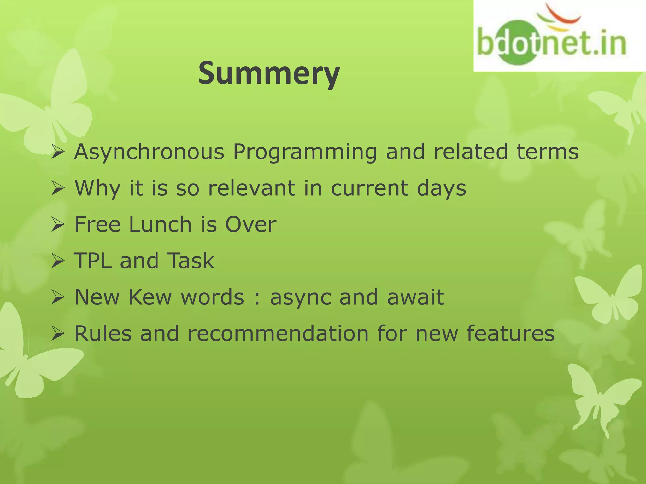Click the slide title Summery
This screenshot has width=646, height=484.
tap(269, 73)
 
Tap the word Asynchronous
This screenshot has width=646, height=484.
tap(149, 152)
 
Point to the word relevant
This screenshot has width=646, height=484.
tap(252, 188)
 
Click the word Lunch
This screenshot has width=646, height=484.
tap(160, 224)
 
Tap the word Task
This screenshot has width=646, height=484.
tap(191, 261)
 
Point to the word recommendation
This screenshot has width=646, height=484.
tap(278, 333)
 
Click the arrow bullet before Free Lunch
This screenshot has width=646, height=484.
tap(58, 225)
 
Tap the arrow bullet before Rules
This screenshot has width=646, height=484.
tap(58, 334)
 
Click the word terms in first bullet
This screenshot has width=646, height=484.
tap(547, 152)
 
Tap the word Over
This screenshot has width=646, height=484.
tap(251, 224)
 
